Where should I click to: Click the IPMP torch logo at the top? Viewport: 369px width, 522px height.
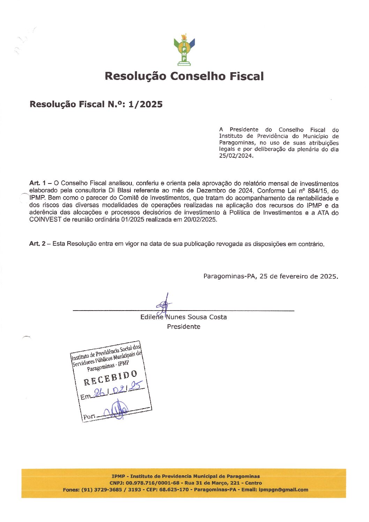184,50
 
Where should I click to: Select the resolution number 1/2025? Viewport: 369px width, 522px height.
145,104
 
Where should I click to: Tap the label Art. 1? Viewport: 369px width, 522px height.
37,183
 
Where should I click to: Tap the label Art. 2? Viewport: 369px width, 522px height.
37,244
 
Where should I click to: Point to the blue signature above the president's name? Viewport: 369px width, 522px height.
164,304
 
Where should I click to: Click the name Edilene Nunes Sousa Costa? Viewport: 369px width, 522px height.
183,317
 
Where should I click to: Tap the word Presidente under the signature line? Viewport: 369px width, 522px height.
183,327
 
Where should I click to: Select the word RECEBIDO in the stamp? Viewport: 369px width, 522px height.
110,378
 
